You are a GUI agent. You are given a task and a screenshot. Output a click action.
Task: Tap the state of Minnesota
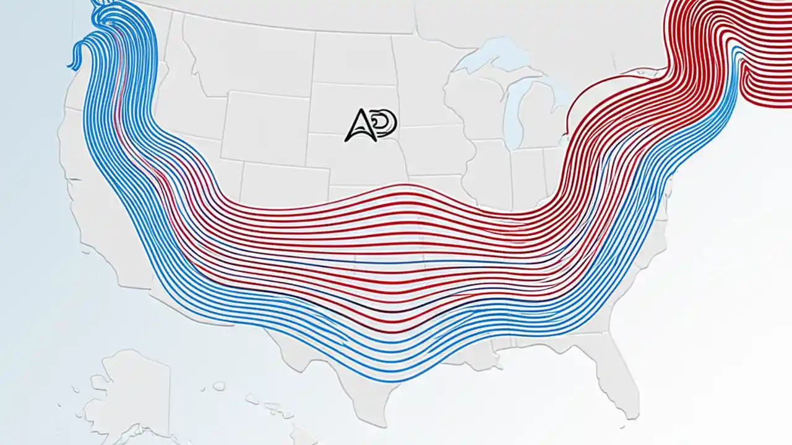tap(421, 74)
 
